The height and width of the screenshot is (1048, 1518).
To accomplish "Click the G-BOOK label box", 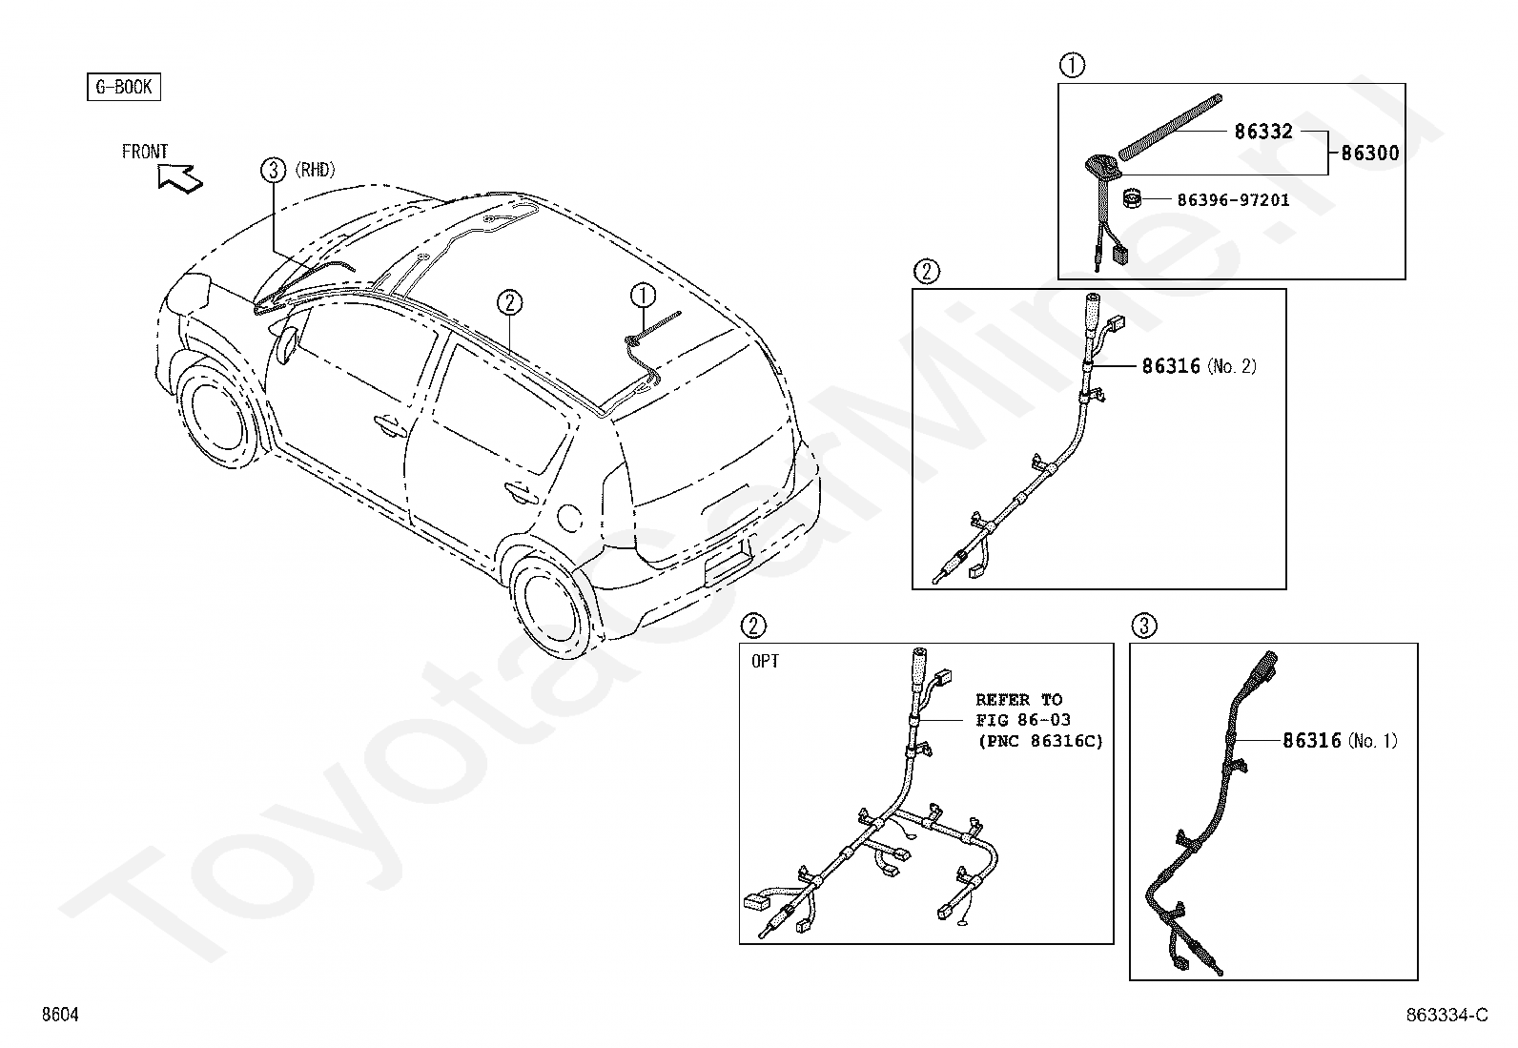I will (124, 88).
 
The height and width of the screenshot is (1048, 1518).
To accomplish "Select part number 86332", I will (1263, 132).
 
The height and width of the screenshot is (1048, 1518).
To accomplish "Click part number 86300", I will (1370, 153).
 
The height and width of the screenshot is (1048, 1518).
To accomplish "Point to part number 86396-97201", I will (1233, 200).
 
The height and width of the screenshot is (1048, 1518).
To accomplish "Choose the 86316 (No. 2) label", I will (1199, 366).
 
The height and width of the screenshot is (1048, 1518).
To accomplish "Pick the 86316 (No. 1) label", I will (1340, 741).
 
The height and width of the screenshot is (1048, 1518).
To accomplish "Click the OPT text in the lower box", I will (765, 661).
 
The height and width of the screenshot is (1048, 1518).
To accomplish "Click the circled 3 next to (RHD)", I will (274, 171).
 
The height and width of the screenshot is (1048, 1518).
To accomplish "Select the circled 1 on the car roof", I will (644, 296).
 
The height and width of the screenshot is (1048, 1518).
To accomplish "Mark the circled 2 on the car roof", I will (510, 303).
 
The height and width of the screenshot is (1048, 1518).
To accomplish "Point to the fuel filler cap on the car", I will (567, 518).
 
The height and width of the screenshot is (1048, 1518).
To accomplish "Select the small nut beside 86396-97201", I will (1132, 201).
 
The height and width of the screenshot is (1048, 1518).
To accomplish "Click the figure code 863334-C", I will (1446, 1016).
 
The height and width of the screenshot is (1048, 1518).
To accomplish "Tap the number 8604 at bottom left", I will (59, 1016).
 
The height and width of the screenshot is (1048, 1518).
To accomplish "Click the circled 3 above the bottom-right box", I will (1144, 626).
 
